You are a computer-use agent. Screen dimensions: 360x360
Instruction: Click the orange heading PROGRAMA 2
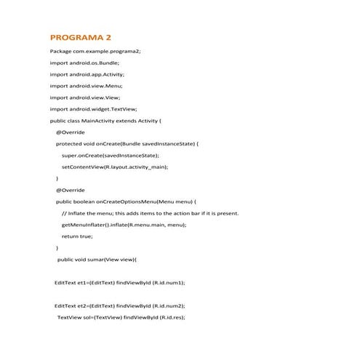(80, 37)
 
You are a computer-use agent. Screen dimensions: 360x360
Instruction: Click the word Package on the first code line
(60, 51)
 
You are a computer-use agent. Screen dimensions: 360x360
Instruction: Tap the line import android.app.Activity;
(87, 74)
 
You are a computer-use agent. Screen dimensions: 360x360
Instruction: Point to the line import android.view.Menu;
(85, 86)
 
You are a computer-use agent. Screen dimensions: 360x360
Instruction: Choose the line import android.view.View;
(84, 97)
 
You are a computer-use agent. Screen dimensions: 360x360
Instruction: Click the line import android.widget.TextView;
(93, 108)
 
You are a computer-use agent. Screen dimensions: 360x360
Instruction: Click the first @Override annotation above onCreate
(70, 132)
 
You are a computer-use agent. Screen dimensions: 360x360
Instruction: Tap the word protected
(70, 143)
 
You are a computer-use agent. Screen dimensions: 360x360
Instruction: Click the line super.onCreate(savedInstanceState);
(110, 155)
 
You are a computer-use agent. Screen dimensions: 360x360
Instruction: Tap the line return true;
(77, 236)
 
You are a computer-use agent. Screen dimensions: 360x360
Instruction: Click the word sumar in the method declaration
(97, 259)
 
